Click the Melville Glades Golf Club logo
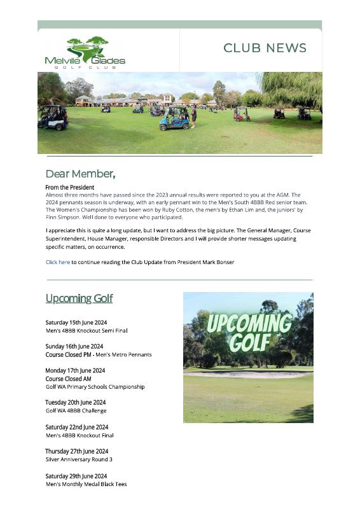[x=85, y=52]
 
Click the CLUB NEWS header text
[x=265, y=48]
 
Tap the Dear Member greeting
[x=80, y=174]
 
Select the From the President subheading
[x=69, y=188]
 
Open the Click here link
[x=57, y=262]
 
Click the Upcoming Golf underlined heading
[x=79, y=298]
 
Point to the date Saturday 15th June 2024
[x=76, y=323]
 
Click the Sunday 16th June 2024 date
[x=74, y=347]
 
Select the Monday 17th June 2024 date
[x=75, y=370]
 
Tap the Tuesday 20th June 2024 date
[x=75, y=402]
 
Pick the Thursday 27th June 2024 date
[x=76, y=451]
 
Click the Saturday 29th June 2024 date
[x=76, y=476]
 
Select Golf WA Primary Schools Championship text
[x=95, y=387]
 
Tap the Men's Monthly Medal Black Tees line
[x=86, y=484]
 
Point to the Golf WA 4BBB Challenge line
[x=76, y=410]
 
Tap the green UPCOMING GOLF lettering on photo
[x=249, y=331]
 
